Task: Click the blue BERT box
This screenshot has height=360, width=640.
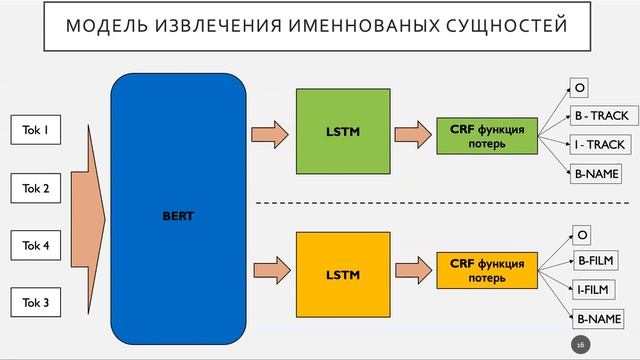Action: coord(178,216)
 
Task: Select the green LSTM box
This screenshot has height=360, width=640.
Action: coord(342,131)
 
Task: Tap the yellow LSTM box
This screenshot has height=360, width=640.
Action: coord(342,273)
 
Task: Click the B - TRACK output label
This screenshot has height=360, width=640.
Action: coord(600,116)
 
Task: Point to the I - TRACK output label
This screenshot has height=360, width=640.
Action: coord(599,145)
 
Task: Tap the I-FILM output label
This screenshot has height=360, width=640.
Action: coord(593,290)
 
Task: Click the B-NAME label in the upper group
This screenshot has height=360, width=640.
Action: coord(595,174)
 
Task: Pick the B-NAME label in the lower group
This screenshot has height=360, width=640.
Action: coord(597,319)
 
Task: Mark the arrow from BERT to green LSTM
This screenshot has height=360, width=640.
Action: coord(267,132)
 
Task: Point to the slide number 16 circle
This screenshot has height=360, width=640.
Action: coord(579,343)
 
